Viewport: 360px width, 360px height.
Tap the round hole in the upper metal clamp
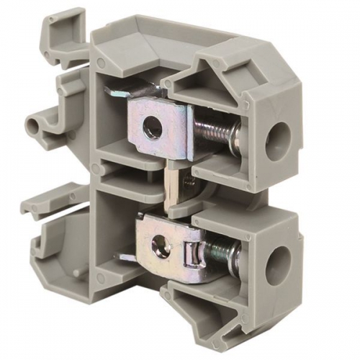tap(151, 130)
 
